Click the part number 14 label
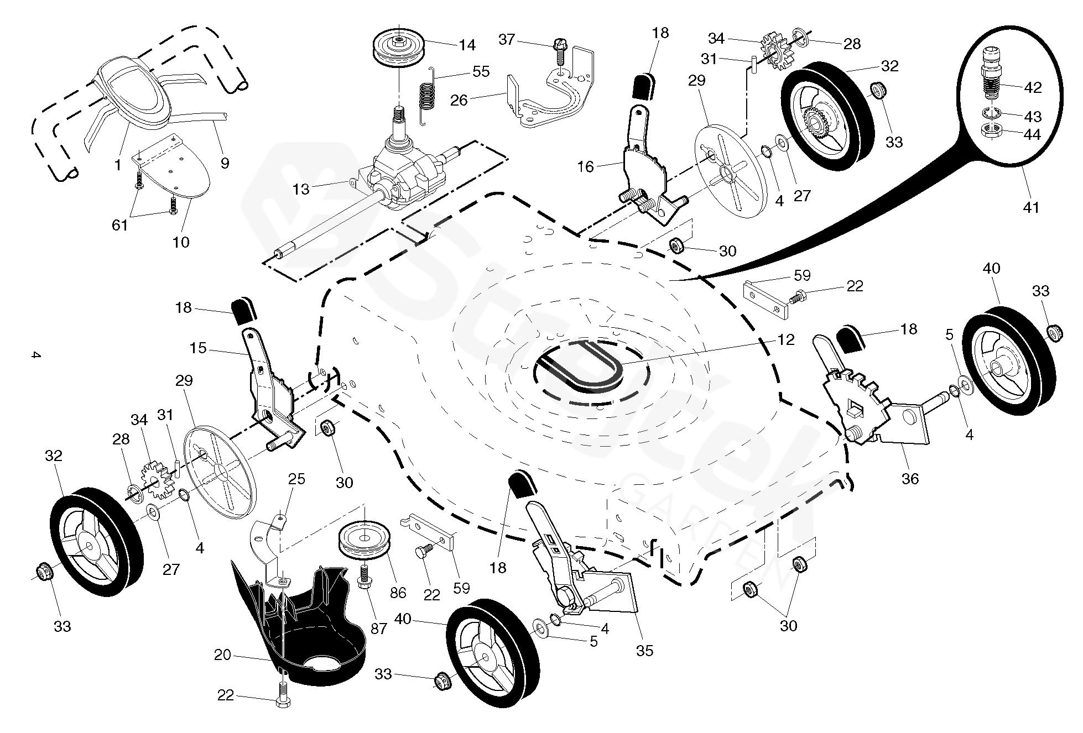[467, 45]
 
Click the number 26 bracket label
[459, 100]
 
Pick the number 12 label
[786, 339]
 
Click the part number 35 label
[644, 651]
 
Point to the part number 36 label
[910, 478]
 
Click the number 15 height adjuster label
[197, 348]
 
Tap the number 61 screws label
[120, 225]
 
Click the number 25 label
[297, 478]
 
